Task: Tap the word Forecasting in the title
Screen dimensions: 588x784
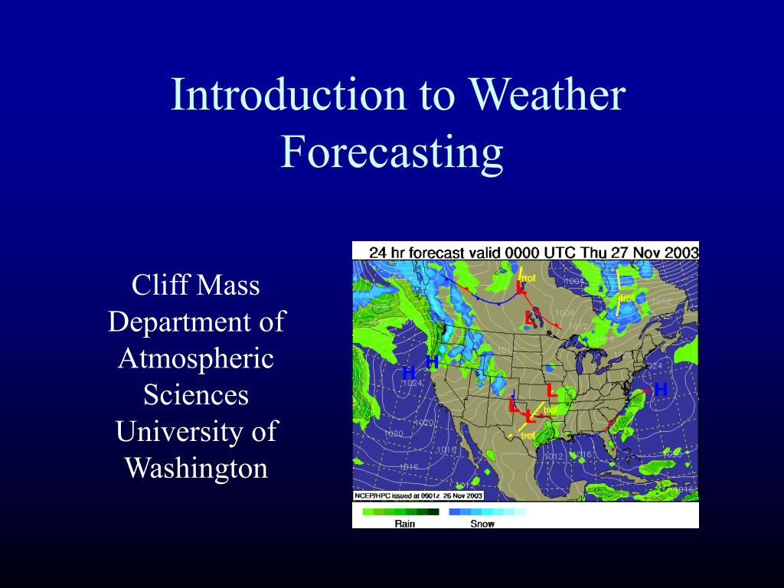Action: click(391, 152)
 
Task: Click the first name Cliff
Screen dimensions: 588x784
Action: click(159, 286)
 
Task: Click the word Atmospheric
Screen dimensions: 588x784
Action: click(196, 358)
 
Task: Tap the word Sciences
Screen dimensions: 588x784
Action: click(196, 395)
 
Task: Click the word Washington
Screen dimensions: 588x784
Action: click(196, 468)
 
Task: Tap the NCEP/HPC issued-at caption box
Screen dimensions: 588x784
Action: click(408, 496)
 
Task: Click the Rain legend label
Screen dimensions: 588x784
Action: click(405, 524)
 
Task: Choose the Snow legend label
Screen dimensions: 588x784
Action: click(482, 524)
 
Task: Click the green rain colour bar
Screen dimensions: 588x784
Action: click(400, 511)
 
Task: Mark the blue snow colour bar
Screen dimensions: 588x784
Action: click(487, 511)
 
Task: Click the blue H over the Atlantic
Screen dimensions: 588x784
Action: click(661, 390)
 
